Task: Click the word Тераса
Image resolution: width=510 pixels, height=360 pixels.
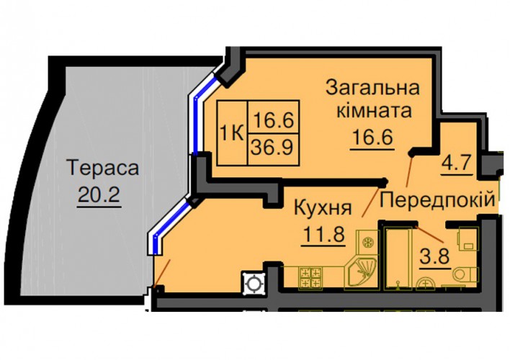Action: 102,168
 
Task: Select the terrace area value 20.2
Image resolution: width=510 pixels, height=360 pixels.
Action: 99,194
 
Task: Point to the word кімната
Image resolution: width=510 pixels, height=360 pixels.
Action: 374,111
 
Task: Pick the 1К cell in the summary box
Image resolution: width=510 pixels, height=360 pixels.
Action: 232,133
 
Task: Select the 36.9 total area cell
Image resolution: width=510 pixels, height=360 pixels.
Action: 273,148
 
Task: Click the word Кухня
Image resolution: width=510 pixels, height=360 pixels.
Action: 323,209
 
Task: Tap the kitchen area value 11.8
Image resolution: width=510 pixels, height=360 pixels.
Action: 323,234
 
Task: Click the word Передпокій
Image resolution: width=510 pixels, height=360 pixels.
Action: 437,199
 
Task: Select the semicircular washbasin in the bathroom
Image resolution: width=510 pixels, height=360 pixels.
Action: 426,282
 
